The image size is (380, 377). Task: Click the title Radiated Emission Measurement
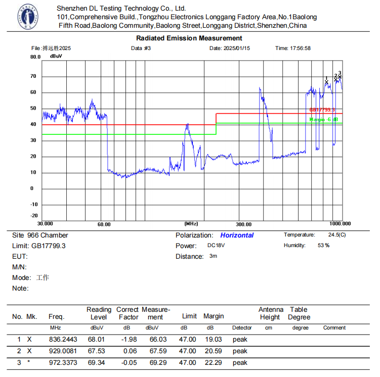189,38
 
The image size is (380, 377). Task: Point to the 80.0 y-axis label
35,57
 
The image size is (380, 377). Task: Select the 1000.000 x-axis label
340,223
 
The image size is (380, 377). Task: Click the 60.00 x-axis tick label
104,224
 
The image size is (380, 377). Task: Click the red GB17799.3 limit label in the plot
322,110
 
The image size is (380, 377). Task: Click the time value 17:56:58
300,49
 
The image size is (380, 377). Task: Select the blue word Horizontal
237,235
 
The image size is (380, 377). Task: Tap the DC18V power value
217,246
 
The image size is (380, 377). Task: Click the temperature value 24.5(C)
337,235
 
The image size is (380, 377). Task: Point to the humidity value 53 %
323,246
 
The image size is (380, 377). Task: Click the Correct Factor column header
128,313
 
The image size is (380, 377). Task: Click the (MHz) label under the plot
191,223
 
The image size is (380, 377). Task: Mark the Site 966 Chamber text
40,235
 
